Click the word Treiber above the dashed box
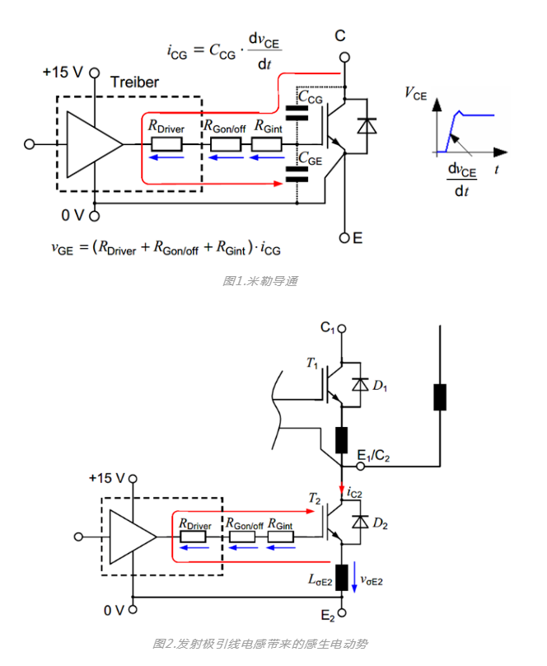[x=134, y=82]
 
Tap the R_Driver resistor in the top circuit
[x=166, y=143]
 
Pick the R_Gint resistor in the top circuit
[x=266, y=143]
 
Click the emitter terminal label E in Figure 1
[x=358, y=238]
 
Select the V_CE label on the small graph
[x=416, y=94]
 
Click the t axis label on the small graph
[x=499, y=168]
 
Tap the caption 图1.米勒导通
[x=259, y=281]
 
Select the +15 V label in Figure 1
[x=63, y=72]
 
